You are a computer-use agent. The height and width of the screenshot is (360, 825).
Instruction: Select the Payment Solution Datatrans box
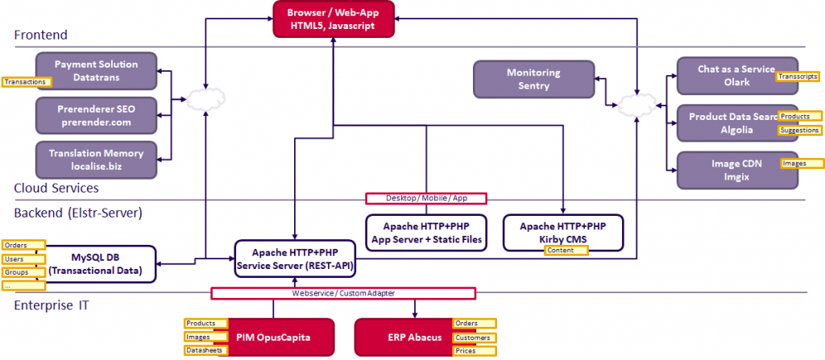click(97, 70)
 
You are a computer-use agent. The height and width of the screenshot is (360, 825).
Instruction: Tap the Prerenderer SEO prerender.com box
click(97, 115)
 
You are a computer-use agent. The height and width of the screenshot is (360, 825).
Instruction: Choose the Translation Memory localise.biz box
click(97, 159)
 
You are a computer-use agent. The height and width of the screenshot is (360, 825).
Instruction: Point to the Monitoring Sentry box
click(533, 79)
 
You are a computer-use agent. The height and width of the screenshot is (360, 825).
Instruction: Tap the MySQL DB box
click(101, 263)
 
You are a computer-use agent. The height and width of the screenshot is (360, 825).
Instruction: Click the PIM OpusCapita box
click(273, 336)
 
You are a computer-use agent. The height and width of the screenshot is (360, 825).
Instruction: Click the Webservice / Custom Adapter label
click(343, 293)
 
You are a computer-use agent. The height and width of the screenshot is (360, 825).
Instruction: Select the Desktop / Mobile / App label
click(426, 198)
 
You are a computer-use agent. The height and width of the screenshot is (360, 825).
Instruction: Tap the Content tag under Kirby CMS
click(565, 250)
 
